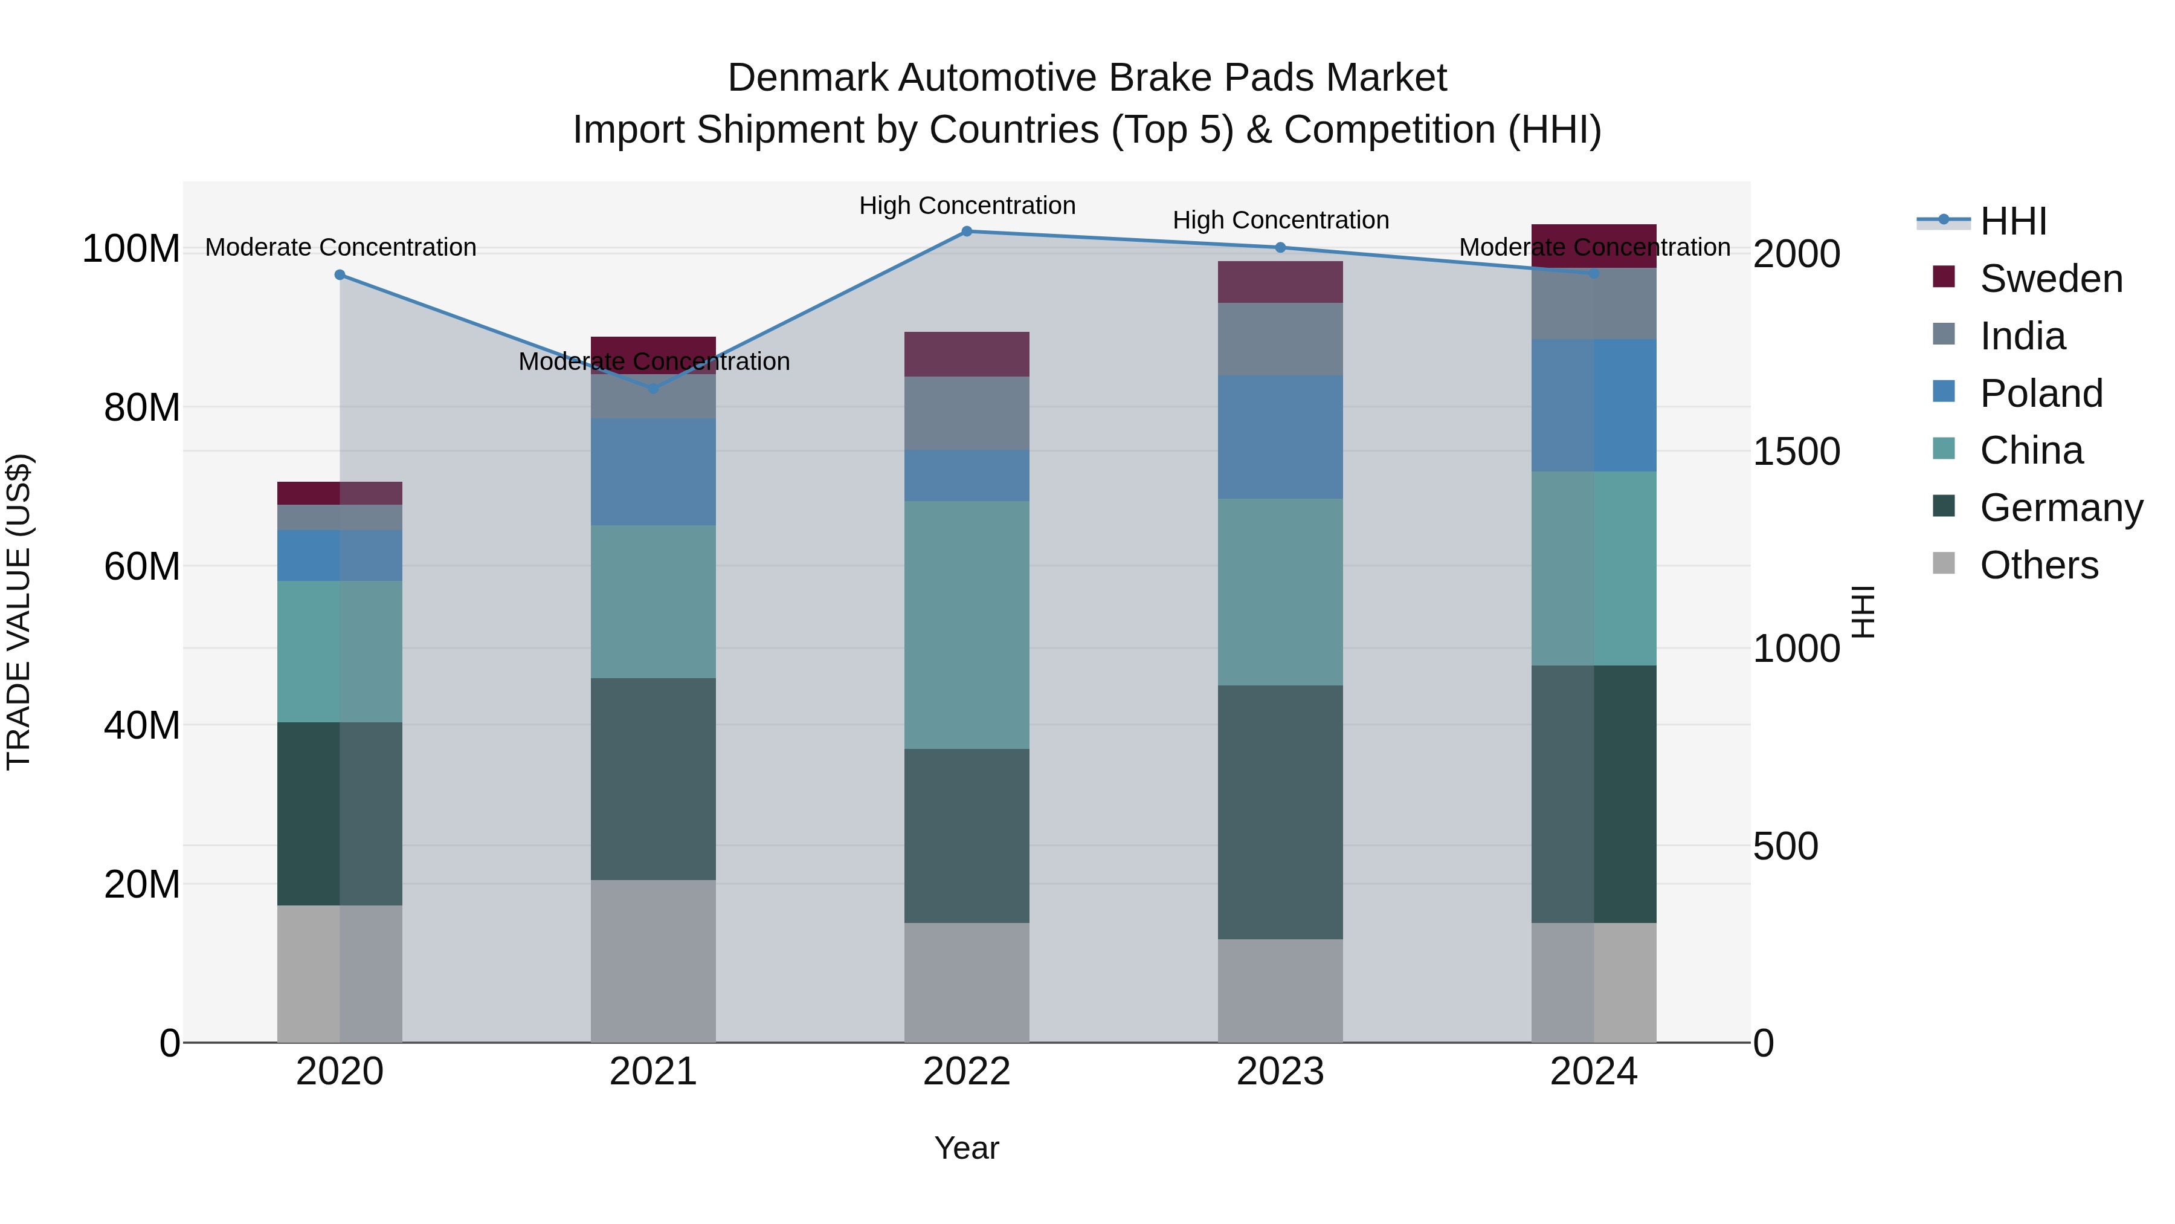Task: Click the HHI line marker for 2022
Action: pyautogui.click(x=967, y=231)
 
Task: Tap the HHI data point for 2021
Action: pyautogui.click(x=652, y=389)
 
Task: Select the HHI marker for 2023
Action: pyautogui.click(x=1280, y=247)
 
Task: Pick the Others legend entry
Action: pyautogui.click(x=2038, y=565)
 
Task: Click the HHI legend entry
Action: pyautogui.click(x=2013, y=221)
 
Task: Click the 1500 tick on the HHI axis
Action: pyautogui.click(x=1796, y=452)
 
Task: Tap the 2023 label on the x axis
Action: pyautogui.click(x=1280, y=1072)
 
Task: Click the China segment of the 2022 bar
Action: pyautogui.click(x=967, y=624)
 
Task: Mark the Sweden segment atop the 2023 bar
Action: pyautogui.click(x=1280, y=282)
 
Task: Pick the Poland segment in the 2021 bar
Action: pyautogui.click(x=652, y=471)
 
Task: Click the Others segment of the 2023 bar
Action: pyautogui.click(x=1280, y=990)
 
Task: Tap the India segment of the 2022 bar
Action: pyautogui.click(x=967, y=413)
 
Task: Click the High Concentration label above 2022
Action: pyautogui.click(x=967, y=206)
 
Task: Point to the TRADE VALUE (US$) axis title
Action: pyautogui.click(x=19, y=612)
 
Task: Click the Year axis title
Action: pyautogui.click(x=967, y=1148)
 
